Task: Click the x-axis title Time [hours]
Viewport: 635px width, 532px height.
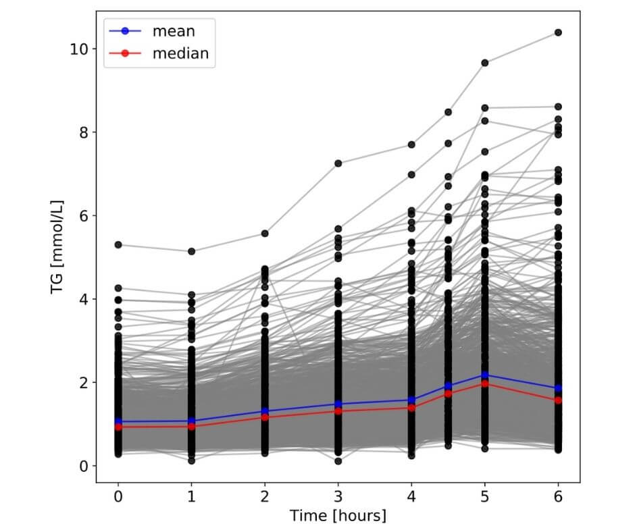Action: click(x=338, y=516)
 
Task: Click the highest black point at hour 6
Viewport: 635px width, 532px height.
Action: click(x=558, y=32)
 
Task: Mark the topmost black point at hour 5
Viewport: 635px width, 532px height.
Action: click(x=484, y=63)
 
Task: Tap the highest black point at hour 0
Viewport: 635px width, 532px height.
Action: click(x=118, y=244)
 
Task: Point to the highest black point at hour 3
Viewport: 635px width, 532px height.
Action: click(x=338, y=163)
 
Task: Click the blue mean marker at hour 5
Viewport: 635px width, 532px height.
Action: click(x=484, y=375)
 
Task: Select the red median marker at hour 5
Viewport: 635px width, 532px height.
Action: click(x=484, y=383)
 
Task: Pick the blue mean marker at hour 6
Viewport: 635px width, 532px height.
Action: click(x=558, y=389)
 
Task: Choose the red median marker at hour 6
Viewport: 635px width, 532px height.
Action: click(x=558, y=400)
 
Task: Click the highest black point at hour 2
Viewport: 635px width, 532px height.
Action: click(x=265, y=234)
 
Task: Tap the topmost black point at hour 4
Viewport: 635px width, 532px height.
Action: click(x=411, y=144)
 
